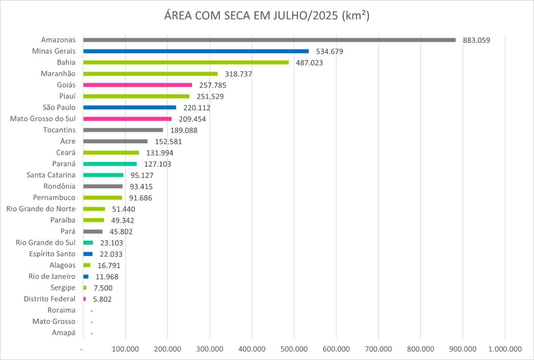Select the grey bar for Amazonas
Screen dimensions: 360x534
click(x=269, y=40)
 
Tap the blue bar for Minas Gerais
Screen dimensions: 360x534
click(x=196, y=51)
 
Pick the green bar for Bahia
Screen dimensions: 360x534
click(x=186, y=62)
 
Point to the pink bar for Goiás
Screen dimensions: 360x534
click(x=138, y=85)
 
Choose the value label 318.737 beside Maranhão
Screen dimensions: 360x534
click(x=239, y=74)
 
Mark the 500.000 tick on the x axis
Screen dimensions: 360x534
click(x=294, y=348)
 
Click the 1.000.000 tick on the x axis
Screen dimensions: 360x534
click(x=505, y=348)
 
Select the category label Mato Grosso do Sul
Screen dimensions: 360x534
click(x=43, y=119)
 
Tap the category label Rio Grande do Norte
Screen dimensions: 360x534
click(x=41, y=209)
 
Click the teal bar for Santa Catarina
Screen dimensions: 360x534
click(x=103, y=175)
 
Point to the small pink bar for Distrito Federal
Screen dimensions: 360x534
click(x=85, y=299)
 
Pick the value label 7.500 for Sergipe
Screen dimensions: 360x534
click(x=103, y=288)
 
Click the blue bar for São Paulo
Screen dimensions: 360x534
click(x=129, y=107)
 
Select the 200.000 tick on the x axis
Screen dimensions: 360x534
click(x=167, y=348)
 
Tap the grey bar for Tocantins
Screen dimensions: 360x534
click(x=123, y=130)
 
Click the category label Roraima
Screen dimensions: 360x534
click(x=61, y=310)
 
